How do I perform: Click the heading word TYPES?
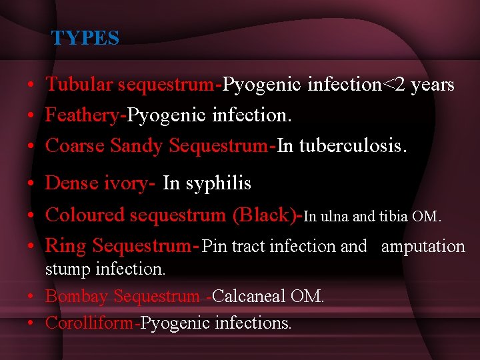point(85,38)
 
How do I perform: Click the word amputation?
point(423,247)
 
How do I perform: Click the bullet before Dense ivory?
point(31,184)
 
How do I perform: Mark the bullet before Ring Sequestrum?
point(31,247)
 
